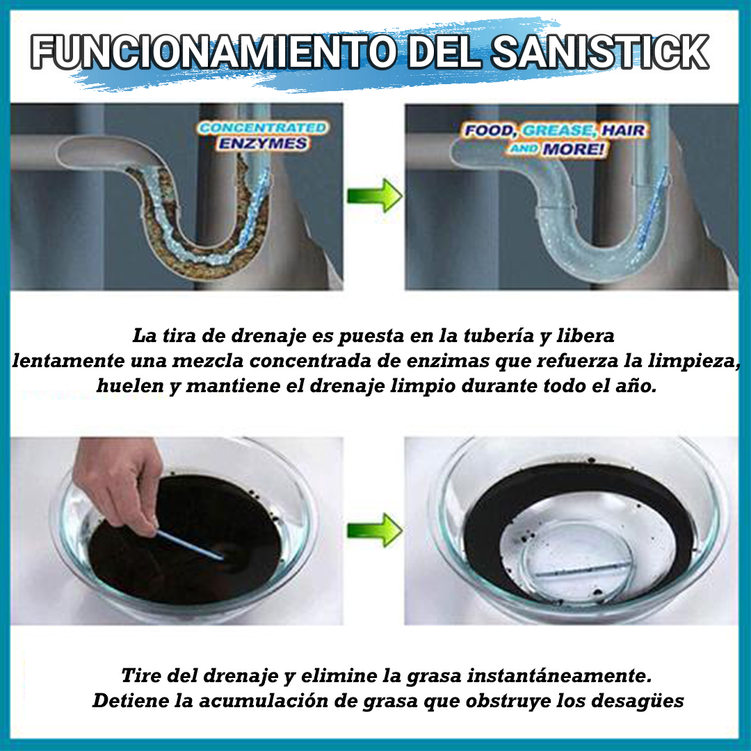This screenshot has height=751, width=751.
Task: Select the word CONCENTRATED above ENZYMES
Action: [262, 128]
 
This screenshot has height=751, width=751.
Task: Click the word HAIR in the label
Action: [623, 131]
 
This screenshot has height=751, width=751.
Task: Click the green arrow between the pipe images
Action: [374, 196]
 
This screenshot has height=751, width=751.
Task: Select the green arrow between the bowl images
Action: [374, 531]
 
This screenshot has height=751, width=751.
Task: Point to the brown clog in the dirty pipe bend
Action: [174, 229]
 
